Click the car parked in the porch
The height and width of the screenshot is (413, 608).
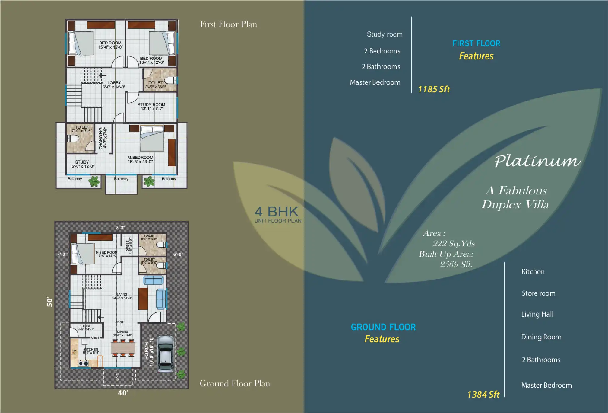(166, 354)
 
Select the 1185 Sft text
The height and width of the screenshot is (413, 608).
(434, 89)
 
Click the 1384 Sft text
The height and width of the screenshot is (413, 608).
(483, 395)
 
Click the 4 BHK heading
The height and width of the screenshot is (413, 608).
(277, 212)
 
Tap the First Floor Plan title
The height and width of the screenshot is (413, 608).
(228, 24)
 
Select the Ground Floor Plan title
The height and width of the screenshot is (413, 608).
(235, 383)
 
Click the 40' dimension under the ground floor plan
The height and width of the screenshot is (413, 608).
(123, 393)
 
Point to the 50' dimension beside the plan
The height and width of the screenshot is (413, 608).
(49, 302)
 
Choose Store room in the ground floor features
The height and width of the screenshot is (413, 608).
(538, 293)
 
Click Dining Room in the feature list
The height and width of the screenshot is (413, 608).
(541, 337)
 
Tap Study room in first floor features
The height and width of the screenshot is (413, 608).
(385, 34)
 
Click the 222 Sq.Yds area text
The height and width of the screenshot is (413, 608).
(454, 244)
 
